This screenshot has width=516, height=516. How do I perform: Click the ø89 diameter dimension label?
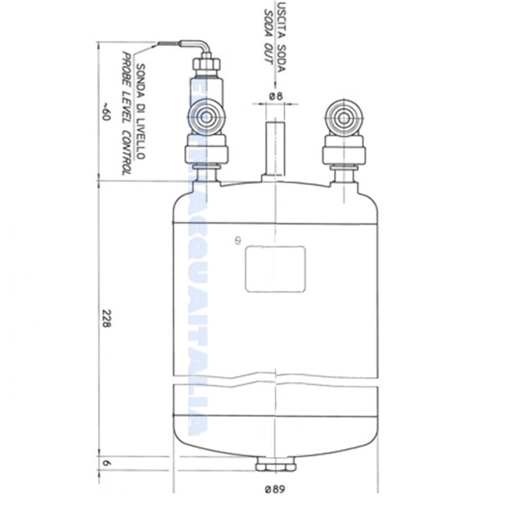(x=275, y=490)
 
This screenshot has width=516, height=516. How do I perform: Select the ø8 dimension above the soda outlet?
(x=276, y=97)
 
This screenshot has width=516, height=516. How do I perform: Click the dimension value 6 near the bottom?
(x=106, y=463)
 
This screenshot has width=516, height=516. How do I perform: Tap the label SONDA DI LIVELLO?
(x=141, y=111)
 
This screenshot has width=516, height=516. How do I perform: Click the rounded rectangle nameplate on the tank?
(x=275, y=269)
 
